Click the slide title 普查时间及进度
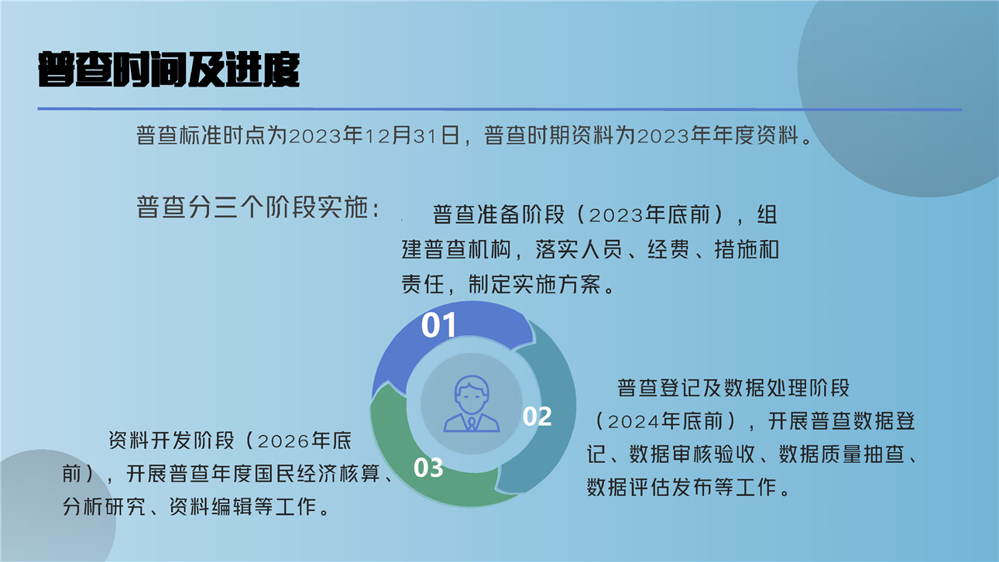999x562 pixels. (x=169, y=69)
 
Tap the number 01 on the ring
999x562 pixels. (x=439, y=324)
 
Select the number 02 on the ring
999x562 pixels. (x=537, y=416)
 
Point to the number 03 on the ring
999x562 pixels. (x=428, y=468)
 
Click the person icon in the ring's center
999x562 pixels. (x=472, y=404)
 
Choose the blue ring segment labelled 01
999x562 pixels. (x=451, y=330)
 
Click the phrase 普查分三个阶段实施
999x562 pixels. (x=253, y=207)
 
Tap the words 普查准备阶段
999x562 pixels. (x=499, y=214)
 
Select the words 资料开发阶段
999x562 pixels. (x=171, y=440)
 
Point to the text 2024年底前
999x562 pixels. (x=665, y=421)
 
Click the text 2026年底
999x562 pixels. (x=304, y=440)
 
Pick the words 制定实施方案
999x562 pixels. (x=534, y=284)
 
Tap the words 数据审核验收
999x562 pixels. (x=692, y=454)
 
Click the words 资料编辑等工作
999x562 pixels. (x=242, y=507)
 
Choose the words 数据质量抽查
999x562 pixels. (x=842, y=454)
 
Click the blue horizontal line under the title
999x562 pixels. (x=499, y=108)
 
